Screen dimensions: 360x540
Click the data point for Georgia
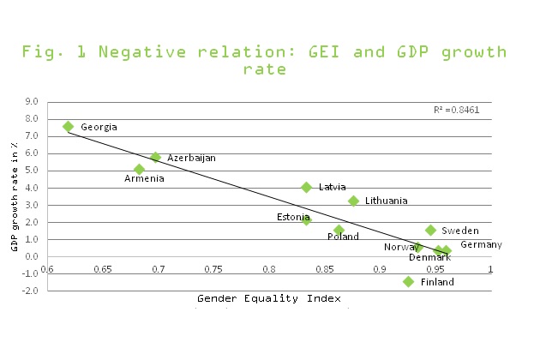tap(69, 127)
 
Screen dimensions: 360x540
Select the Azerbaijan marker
tap(155, 157)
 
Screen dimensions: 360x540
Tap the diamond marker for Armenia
tap(139, 169)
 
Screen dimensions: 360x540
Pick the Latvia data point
tap(306, 187)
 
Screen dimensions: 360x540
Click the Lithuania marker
tap(353, 201)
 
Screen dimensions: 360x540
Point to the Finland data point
tap(409, 281)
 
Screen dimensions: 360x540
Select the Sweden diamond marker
tap(430, 230)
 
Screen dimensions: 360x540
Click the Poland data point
tap(339, 230)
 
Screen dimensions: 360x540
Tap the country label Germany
tap(481, 245)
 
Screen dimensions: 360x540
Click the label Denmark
tap(429, 257)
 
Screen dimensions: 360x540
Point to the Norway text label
tap(400, 248)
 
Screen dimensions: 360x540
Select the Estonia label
tap(293, 217)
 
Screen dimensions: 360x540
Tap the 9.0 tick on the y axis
tap(33, 101)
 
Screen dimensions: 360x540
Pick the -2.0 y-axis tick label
tap(31, 291)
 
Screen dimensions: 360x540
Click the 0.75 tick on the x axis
tap(214, 269)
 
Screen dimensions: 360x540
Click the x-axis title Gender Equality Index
tap(269, 298)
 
